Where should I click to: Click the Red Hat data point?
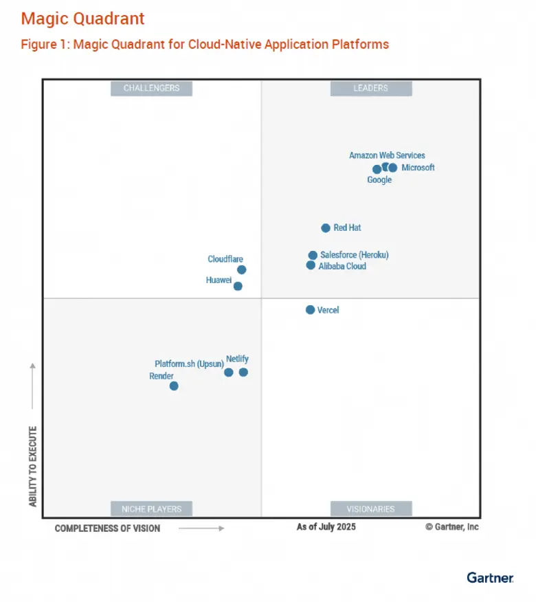(326, 228)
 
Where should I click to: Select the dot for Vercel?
(310, 310)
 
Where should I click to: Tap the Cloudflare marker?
(241, 269)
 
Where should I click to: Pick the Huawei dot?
(238, 286)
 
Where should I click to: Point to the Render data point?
(174, 386)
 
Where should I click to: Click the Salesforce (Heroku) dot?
(313, 255)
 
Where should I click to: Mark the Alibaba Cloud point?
(311, 265)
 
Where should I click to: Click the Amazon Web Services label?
(387, 155)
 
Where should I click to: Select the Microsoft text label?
(418, 168)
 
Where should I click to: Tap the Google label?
(379, 180)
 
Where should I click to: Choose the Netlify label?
(237, 359)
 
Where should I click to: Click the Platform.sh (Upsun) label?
(189, 364)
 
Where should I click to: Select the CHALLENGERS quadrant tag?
(151, 88)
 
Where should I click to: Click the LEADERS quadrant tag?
(371, 88)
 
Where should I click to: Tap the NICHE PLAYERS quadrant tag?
(151, 509)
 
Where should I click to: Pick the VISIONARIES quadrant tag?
(371, 509)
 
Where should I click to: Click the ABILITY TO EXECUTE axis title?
(33, 467)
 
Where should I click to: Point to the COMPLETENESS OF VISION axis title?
(107, 528)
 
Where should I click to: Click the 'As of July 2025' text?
(326, 527)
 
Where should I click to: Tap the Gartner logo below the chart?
(490, 578)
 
